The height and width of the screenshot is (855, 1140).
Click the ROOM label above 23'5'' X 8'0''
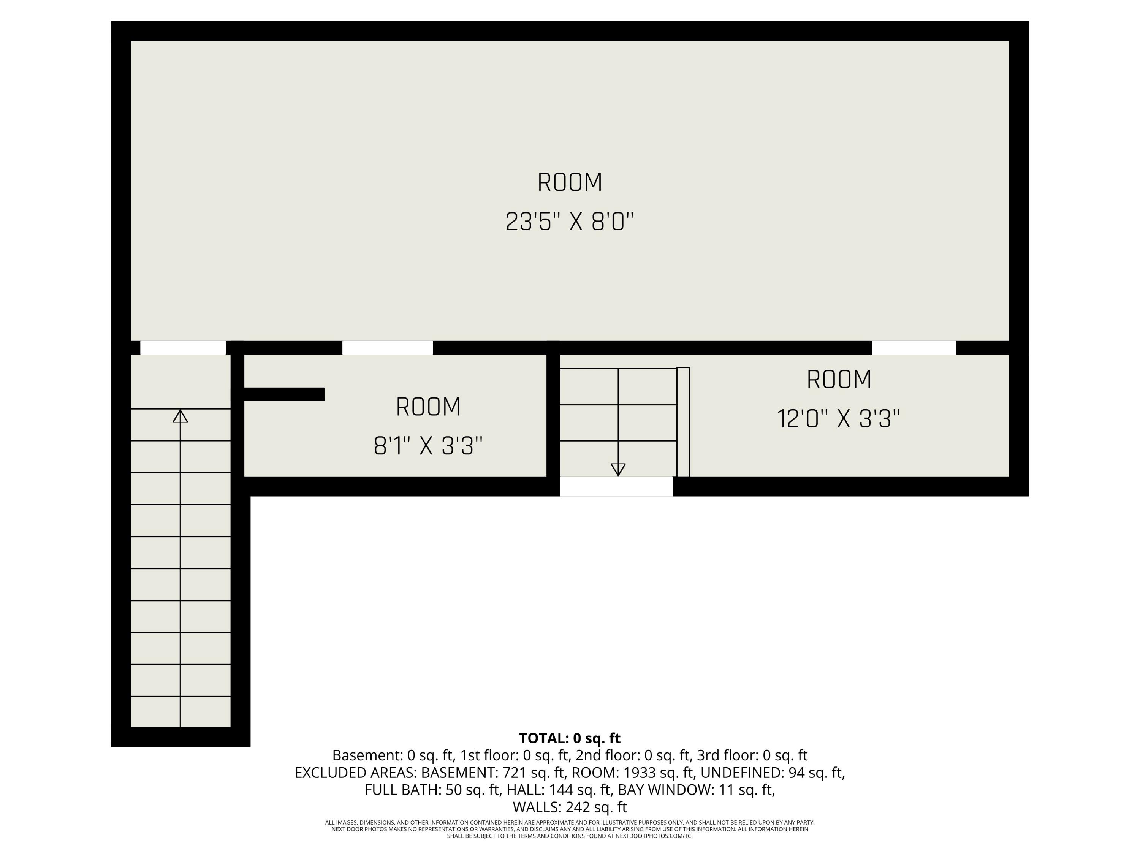coord(570,182)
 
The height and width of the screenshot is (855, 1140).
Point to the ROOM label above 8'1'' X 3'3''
coord(428,407)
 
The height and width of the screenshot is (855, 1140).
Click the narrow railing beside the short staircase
coord(683,421)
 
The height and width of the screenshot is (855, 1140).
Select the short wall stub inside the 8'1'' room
coord(284,394)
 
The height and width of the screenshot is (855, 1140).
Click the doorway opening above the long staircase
coord(183,347)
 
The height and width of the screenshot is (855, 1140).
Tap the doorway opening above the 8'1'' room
coord(387,347)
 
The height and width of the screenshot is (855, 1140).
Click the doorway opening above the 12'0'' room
coord(914,347)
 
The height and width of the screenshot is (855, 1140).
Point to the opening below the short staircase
coord(616,486)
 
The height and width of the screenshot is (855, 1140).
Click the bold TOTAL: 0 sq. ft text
coord(570,738)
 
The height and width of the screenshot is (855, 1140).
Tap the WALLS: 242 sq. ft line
coord(570,807)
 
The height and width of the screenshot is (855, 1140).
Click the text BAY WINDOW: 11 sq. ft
coord(696,790)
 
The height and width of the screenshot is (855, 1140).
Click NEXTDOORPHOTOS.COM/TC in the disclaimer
coord(654,836)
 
